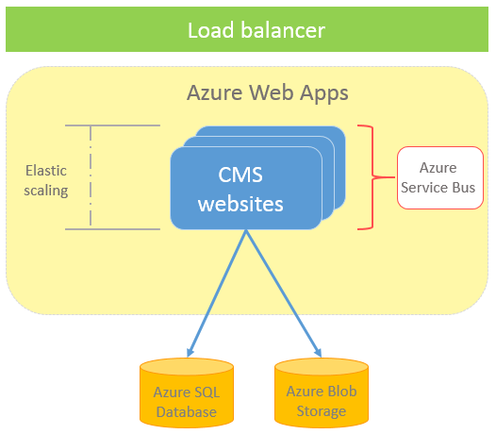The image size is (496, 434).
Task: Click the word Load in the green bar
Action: (x=211, y=30)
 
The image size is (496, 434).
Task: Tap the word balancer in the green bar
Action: (x=283, y=30)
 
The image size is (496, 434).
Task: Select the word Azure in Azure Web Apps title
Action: (x=215, y=92)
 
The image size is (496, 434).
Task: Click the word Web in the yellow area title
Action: (x=271, y=92)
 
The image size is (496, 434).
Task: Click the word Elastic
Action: (x=46, y=171)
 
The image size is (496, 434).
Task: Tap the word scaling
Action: (x=46, y=191)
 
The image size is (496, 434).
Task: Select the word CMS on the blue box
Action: (x=240, y=175)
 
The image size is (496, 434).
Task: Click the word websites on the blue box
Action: (x=240, y=204)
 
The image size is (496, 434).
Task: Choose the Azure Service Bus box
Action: (x=440, y=177)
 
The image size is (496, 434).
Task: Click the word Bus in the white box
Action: (x=464, y=188)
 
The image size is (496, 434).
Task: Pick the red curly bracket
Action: (x=372, y=177)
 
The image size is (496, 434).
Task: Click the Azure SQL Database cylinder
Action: (x=187, y=392)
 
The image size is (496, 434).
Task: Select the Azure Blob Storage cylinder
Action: (x=322, y=392)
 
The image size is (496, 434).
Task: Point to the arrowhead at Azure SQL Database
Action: (x=190, y=353)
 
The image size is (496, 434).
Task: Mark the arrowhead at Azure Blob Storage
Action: (x=318, y=353)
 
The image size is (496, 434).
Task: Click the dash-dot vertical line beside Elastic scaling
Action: (x=91, y=175)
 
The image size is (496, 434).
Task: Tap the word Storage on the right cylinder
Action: (x=322, y=411)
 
